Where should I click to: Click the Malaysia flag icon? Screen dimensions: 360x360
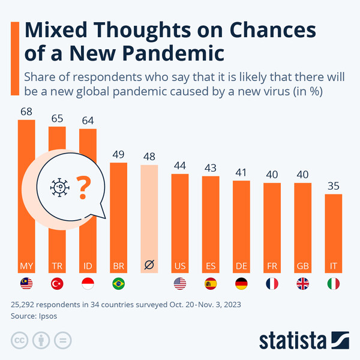pos(27,284)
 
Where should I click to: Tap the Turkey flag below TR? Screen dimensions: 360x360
pos(58,284)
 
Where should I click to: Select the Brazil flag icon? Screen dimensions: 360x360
pos(119,284)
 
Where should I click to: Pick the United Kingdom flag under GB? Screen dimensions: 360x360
pos(303,284)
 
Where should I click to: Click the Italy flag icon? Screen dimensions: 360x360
pos(334,284)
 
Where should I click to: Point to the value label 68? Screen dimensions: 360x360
pos(26,112)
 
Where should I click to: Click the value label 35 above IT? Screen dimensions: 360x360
pos(334,185)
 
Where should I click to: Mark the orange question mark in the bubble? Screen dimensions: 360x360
pos(85,188)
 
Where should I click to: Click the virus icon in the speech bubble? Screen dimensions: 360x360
pos(59,188)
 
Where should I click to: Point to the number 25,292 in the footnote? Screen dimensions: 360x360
pos(25,304)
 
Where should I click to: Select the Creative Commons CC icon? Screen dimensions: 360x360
pos(19,341)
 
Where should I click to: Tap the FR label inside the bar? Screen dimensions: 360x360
pos(272,265)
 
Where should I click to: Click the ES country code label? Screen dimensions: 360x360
pos(211,265)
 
